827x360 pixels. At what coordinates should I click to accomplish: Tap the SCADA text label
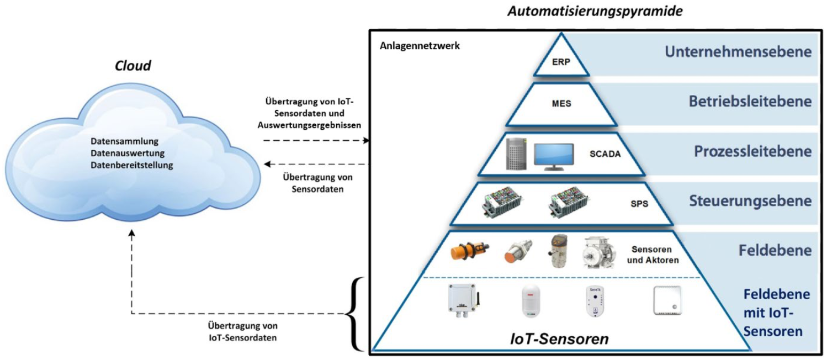pos(604,154)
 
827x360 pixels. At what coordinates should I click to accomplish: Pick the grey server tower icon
pos(517,154)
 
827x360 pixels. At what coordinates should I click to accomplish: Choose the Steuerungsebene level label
pos(750,200)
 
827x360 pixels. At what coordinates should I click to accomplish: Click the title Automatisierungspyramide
pos(595,10)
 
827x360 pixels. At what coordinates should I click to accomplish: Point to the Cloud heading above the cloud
pos(132,66)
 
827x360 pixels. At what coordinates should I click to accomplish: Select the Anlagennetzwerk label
pos(420,46)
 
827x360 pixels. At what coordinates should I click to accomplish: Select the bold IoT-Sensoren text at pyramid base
pos(559,338)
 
